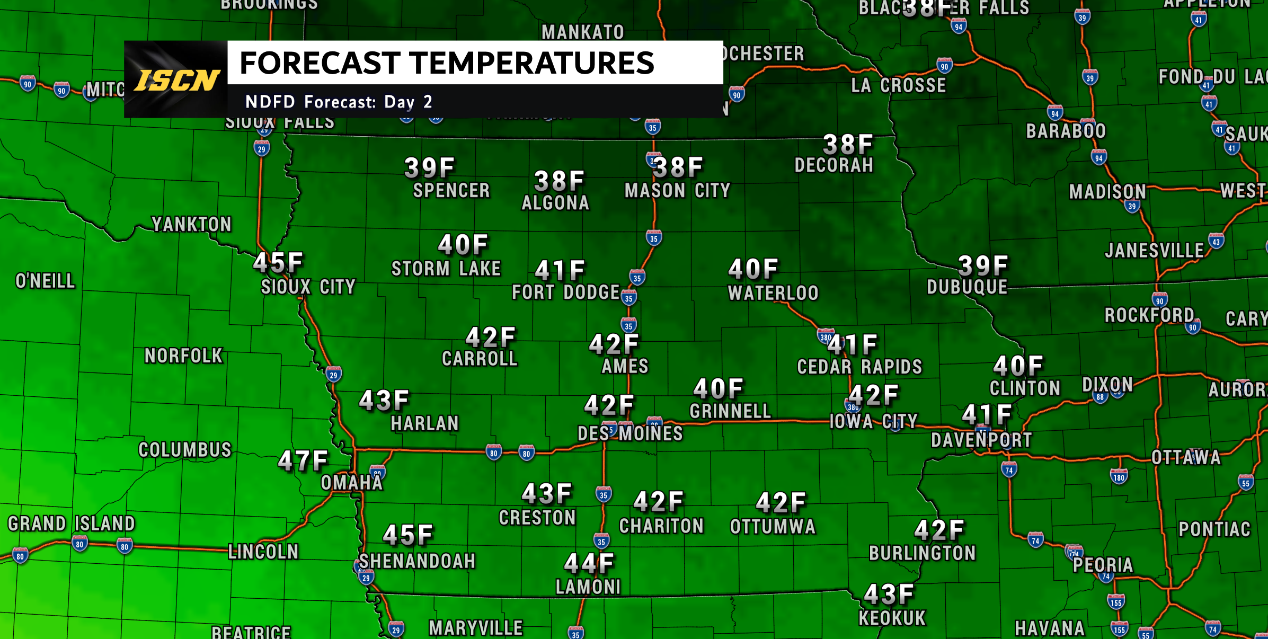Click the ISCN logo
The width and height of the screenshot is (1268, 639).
click(x=176, y=80)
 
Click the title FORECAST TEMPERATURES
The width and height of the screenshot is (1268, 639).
click(x=447, y=63)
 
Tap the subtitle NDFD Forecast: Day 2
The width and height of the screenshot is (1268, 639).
click(x=339, y=101)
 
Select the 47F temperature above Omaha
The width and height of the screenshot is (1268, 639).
click(x=303, y=461)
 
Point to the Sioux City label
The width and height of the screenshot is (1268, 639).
click(x=308, y=287)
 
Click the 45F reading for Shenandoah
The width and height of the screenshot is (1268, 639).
click(x=407, y=535)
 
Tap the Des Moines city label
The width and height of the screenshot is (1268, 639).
click(x=630, y=433)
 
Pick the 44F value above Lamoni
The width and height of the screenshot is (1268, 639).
click(x=589, y=564)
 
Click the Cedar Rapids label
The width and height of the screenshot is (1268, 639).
click(x=859, y=367)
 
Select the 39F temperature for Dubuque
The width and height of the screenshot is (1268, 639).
click(x=983, y=266)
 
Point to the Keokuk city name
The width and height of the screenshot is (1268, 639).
click(x=892, y=618)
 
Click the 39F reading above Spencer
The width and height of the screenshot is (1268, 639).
click(x=429, y=168)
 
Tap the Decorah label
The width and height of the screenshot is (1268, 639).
click(x=833, y=165)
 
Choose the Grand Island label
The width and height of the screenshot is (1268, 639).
click(x=72, y=523)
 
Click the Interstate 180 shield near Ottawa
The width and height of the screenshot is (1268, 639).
click(x=1119, y=477)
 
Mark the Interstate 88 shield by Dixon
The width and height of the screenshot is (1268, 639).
click(x=1100, y=397)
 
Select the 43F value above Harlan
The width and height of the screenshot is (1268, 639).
click(x=384, y=401)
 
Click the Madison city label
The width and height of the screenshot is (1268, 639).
click(x=1107, y=192)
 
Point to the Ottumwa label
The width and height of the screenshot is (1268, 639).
click(x=773, y=527)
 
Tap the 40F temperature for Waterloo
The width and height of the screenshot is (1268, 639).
click(x=753, y=270)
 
